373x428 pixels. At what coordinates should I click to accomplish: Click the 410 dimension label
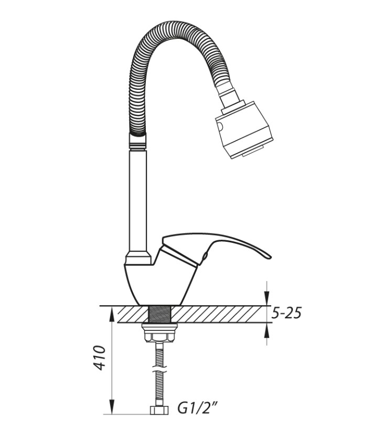pyautogui.click(x=100, y=358)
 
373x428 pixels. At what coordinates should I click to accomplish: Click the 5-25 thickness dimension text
pyautogui.click(x=286, y=313)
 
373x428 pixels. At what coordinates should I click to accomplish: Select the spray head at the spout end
pyautogui.click(x=244, y=130)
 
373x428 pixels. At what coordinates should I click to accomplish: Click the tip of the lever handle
pyautogui.click(x=270, y=256)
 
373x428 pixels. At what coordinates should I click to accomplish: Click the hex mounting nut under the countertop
pyautogui.click(x=159, y=337)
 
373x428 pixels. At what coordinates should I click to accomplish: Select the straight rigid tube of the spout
pyautogui.click(x=138, y=201)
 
